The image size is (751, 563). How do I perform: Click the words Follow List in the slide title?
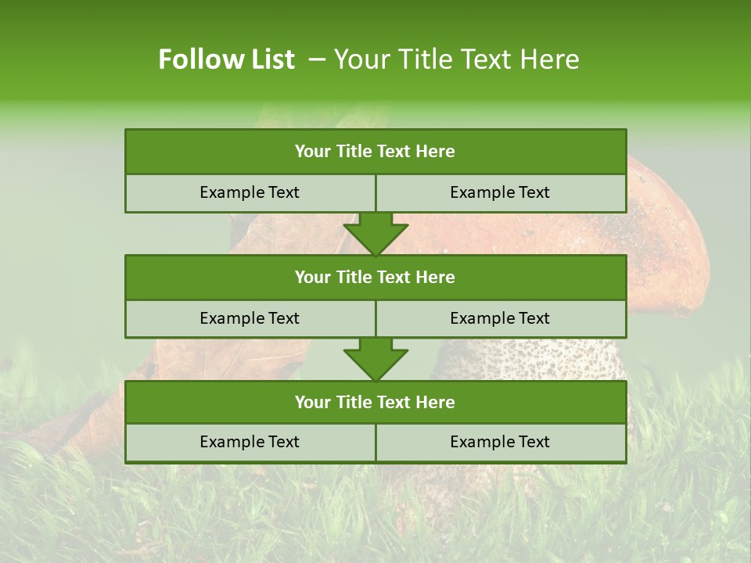coord(226,59)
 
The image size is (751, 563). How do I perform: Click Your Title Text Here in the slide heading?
coord(456,59)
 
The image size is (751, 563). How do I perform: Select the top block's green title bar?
coord(375,152)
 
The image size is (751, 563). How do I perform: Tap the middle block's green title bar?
coord(375,277)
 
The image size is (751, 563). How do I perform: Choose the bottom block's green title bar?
coord(375,402)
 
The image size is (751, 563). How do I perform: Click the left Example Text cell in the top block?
coord(250,192)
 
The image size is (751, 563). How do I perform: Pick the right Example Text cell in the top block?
coord(500,192)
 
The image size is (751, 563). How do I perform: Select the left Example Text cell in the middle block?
coord(250,318)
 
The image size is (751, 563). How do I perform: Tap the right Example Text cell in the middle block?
coord(500,318)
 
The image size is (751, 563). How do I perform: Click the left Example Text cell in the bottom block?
coord(250,442)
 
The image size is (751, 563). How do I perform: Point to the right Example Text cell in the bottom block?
coord(500,442)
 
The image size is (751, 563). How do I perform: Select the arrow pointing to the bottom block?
coord(375,359)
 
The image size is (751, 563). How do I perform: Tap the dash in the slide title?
coord(318,59)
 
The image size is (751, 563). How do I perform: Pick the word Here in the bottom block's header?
coord(435,402)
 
